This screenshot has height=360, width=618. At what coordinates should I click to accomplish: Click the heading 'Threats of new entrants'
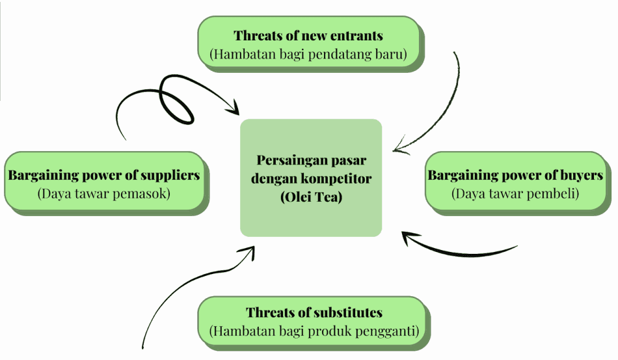308,36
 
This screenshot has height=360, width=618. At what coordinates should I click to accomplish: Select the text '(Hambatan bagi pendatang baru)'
308,55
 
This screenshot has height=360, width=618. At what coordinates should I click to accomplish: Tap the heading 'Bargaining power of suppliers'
104,175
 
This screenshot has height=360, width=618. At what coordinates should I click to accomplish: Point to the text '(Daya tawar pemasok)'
104,193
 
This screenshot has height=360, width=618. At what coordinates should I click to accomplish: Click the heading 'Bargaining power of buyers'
515,175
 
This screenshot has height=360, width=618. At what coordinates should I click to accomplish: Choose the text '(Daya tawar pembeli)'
515,193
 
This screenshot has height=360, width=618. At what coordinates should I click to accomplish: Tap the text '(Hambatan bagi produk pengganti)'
314,331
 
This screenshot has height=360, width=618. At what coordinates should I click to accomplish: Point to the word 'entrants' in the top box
357,36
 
